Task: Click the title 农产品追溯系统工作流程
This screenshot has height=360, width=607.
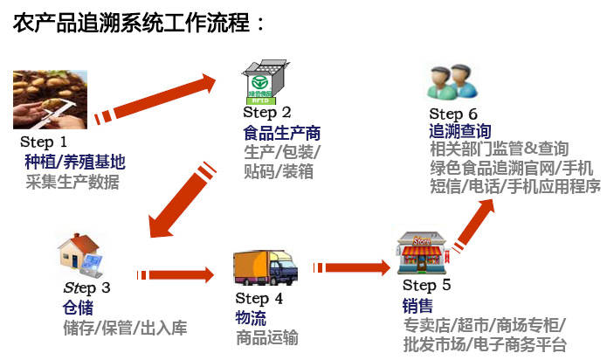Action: click(132, 23)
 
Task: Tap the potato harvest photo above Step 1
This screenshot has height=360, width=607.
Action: click(50, 100)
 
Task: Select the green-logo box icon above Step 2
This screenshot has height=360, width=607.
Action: click(266, 82)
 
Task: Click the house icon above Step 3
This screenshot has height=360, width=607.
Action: click(80, 255)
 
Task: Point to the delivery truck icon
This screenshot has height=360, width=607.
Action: click(266, 268)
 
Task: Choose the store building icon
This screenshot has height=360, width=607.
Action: click(423, 253)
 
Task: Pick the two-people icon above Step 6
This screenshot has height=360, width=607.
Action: click(452, 81)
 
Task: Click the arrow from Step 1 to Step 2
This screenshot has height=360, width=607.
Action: click(155, 100)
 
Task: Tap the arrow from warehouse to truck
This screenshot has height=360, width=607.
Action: click(175, 275)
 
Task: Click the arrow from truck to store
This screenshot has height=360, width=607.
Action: click(351, 267)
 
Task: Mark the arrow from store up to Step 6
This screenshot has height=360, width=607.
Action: click(473, 225)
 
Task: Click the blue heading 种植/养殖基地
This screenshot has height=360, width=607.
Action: click(75, 162)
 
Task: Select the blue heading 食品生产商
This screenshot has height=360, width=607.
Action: click(282, 133)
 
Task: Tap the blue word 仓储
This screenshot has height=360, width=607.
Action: click(79, 308)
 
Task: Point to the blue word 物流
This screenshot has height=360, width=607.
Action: click(251, 318)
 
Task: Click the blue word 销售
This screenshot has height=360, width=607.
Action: click(417, 306)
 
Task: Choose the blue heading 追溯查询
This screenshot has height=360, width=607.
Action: click(460, 131)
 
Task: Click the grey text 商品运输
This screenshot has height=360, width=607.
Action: click(267, 337)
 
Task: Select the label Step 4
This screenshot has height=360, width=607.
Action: click(259, 299)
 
